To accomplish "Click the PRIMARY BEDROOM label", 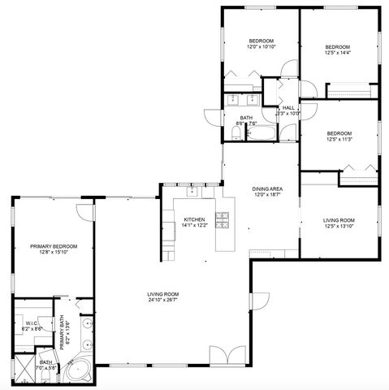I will click(x=54, y=245).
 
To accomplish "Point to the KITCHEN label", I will click(x=193, y=219).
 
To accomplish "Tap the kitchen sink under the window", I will click(x=192, y=193).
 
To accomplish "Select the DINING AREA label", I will click(x=266, y=188).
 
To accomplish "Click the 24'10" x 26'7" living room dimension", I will click(x=162, y=300).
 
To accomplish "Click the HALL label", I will click(x=288, y=107).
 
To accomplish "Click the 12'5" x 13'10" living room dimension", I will click(x=339, y=226).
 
